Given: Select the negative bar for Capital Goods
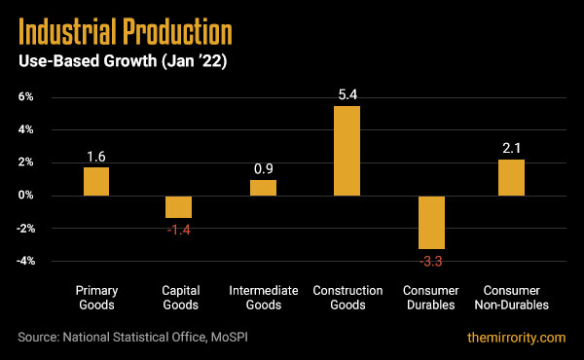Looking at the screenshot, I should [178, 206].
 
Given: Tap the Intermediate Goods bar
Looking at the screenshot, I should [263, 188].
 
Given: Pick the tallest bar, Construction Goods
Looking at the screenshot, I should [347, 151].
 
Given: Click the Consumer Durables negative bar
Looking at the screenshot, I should [431, 222].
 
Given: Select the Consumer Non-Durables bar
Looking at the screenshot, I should [511, 177].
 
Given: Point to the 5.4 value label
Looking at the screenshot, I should [347, 95].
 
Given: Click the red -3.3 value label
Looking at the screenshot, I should [431, 262].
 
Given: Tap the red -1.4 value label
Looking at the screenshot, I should [178, 231].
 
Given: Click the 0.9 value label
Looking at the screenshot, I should [263, 168].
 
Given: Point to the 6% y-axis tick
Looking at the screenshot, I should [24, 97].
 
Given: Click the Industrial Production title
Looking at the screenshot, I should [126, 34].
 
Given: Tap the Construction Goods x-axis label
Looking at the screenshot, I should [347, 298].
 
